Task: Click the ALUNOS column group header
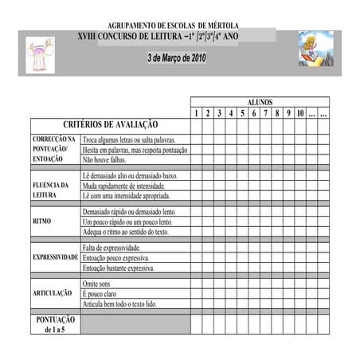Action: (x=260, y=103)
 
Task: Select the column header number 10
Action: (x=299, y=114)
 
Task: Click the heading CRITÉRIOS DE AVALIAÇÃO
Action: (x=110, y=125)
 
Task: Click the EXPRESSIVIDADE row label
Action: (x=55, y=258)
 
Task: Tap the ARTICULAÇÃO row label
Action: (x=53, y=294)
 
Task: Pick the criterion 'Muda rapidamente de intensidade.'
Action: (x=123, y=186)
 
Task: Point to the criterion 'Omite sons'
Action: (x=97, y=284)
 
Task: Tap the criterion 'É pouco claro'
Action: (x=100, y=294)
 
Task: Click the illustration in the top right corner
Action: (x=315, y=49)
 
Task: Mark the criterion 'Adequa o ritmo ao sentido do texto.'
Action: (x=126, y=232)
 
